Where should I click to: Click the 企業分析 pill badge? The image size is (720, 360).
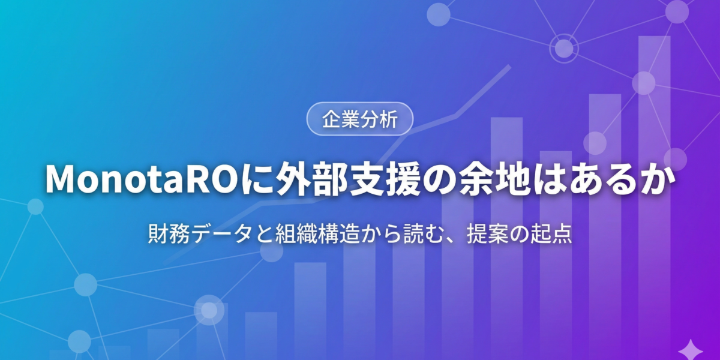(360, 119)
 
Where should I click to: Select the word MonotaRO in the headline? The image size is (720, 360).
(140, 179)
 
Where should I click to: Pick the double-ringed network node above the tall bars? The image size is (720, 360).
(564, 48)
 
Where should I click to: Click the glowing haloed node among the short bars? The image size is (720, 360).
(209, 310)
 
